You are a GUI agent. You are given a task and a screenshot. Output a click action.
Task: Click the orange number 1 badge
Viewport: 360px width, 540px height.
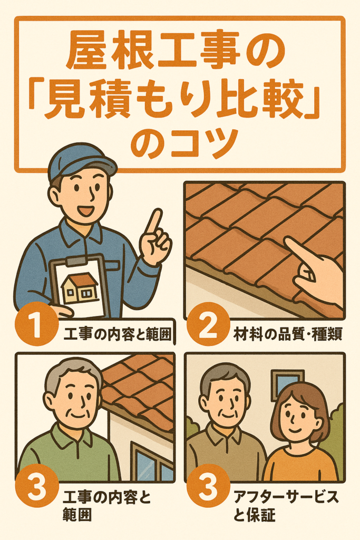(x=35, y=324)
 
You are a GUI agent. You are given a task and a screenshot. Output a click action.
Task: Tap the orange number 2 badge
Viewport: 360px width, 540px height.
(x=208, y=324)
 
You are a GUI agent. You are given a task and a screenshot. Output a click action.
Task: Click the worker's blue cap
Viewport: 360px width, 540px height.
(x=81, y=161)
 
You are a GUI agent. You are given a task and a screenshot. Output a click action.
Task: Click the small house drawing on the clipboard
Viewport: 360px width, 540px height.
(x=80, y=288)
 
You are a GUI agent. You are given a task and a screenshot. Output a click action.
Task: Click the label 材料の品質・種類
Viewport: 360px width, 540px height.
(x=288, y=334)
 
